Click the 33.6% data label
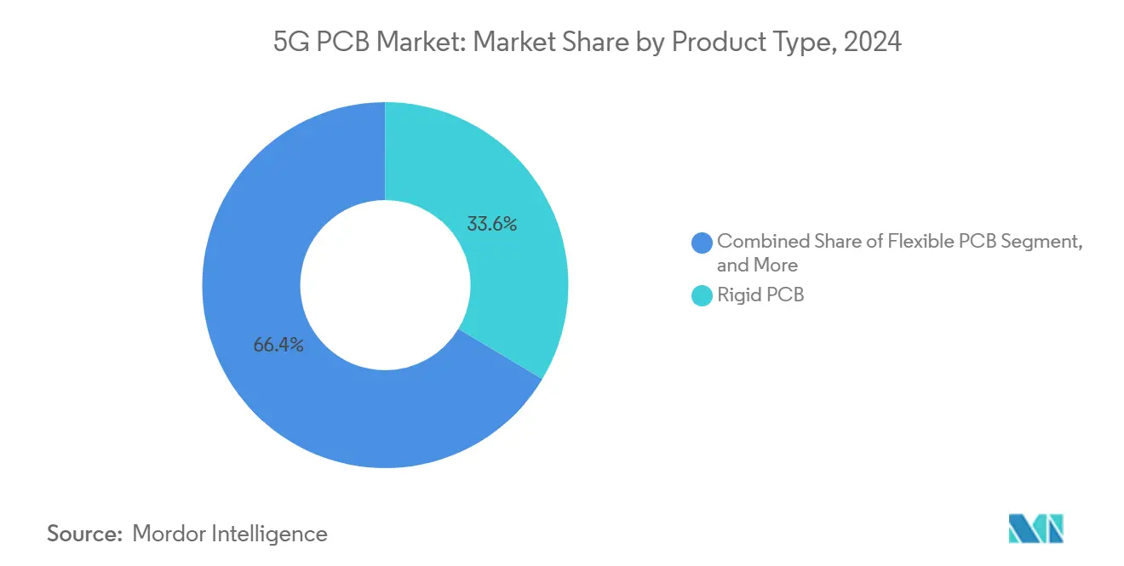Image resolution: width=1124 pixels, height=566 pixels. [x=492, y=225]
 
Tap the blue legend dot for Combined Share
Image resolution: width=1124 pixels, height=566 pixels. [x=702, y=242]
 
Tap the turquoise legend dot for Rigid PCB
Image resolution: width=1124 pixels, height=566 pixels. [x=702, y=296]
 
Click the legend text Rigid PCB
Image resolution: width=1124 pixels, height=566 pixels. [x=760, y=296]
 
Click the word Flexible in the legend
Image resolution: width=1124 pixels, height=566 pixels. [x=923, y=242]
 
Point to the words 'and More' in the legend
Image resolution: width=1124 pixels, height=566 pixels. [x=757, y=265]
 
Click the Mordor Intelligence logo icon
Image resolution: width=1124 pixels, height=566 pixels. [x=1035, y=529]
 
